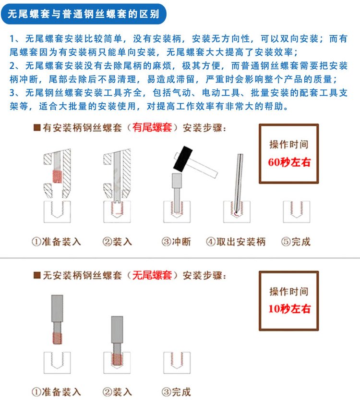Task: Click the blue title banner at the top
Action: pos(84,14)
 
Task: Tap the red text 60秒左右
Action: pos(289,162)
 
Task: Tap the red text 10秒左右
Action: pos(289,308)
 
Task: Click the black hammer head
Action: pos(183,159)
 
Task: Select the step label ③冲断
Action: pos(176,242)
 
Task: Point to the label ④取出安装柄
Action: pos(236,242)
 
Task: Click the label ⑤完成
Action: pos(296,242)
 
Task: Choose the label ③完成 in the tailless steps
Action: pos(176,392)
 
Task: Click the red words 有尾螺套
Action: pos(152,128)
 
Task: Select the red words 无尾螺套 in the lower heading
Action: pos(152,275)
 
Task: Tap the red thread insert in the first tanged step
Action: pos(57,176)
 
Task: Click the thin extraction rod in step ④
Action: pos(239,183)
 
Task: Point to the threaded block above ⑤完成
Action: pos(297,212)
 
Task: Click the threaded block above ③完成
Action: pos(177,362)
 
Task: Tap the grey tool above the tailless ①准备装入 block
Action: pos(57,319)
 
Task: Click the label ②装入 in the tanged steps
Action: pos(117,242)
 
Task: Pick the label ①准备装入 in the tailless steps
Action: pos(56,392)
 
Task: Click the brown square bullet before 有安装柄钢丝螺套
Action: pos(37,128)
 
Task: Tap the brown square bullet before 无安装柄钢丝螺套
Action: pos(37,275)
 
